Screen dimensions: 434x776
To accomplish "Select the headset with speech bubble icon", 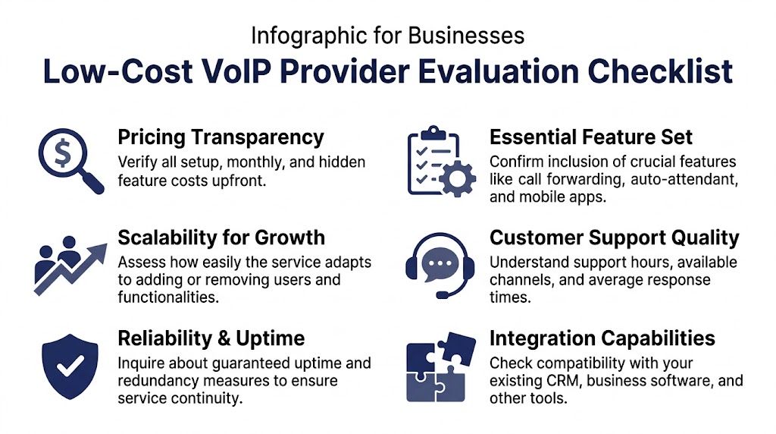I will pos(440,265).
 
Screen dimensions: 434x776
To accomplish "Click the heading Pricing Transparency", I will pos(221,137).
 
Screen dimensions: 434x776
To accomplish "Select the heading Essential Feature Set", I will pos(591,137).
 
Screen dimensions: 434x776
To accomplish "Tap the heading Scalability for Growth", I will pos(221,237).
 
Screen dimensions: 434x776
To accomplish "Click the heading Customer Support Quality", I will pos(614,237).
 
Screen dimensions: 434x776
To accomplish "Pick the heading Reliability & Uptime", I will pos(211,338).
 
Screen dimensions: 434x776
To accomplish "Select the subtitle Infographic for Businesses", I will pos(387,36).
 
